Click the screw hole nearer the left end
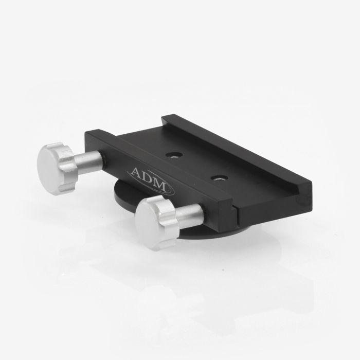point(175,154)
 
